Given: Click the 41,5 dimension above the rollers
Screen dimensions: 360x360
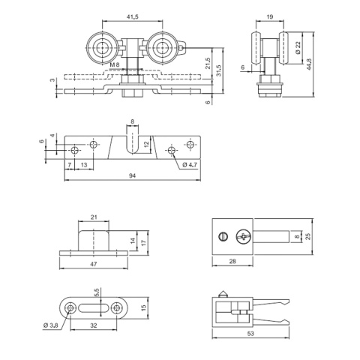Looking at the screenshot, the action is pos(133,16).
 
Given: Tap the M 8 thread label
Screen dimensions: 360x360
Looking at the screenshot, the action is pos(115,64).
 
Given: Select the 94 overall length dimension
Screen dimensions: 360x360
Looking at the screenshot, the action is pos(133,175).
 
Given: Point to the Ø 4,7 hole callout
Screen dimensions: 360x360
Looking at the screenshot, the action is pos(190,164).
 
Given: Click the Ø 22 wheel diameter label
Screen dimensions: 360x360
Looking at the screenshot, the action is pos(298,48).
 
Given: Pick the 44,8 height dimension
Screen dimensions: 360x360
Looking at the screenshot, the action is pos(309,64).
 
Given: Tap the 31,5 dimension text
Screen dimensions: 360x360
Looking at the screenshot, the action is pos(219,70).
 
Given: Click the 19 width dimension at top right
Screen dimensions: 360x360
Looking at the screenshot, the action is pos(270,16).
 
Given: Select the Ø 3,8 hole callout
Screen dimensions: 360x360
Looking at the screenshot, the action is pos(51,325).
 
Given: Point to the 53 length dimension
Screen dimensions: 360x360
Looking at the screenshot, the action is pos(250,333).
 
